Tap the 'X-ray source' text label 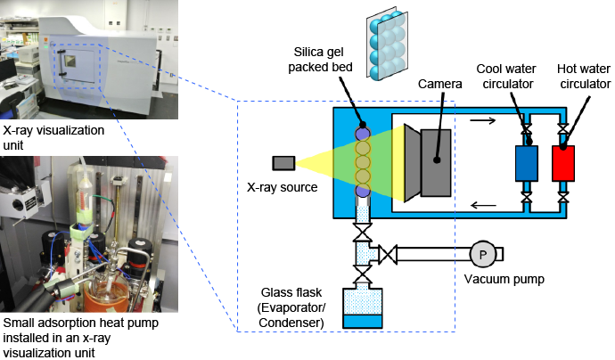point(283,187)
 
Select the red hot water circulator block point(563,164)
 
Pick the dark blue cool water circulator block point(527,164)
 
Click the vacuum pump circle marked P point(483,254)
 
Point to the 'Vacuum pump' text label point(504,279)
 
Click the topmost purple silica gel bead point(362,134)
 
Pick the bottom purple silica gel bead point(362,191)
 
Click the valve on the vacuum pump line point(388,255)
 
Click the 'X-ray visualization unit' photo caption point(53,136)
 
